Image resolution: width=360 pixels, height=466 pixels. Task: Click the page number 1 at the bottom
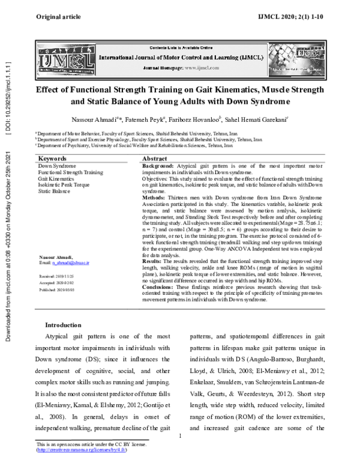(x=180, y=436)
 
